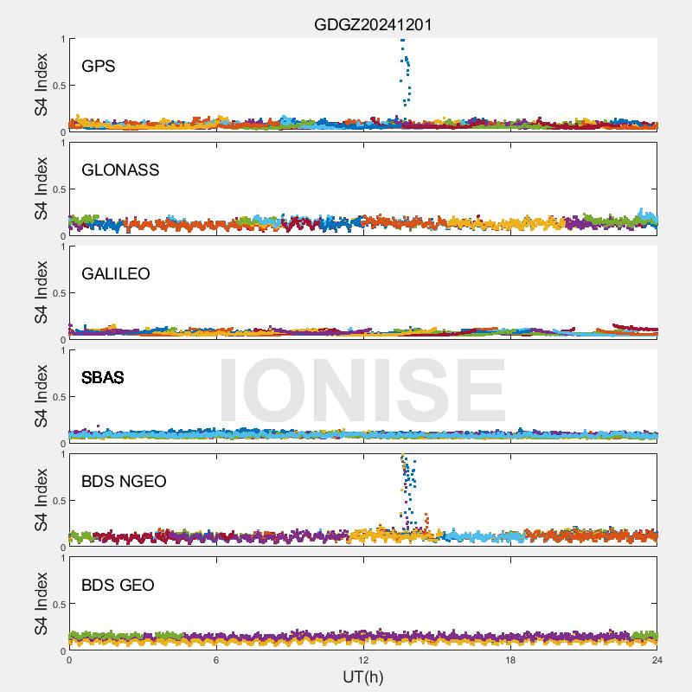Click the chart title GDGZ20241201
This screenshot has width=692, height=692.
click(373, 24)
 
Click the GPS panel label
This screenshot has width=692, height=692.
click(98, 67)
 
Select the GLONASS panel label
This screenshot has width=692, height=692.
click(120, 170)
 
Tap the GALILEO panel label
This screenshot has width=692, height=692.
click(116, 274)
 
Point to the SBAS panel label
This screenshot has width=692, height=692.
click(103, 378)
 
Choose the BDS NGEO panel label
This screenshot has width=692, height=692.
click(124, 482)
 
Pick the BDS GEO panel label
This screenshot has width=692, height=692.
click(118, 586)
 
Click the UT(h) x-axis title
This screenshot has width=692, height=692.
click(362, 676)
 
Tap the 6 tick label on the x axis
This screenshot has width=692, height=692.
click(216, 660)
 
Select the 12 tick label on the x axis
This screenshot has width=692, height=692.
click(363, 660)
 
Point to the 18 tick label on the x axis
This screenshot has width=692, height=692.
click(510, 660)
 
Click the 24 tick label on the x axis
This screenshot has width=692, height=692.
click(657, 660)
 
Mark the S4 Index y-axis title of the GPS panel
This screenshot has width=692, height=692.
click(42, 85)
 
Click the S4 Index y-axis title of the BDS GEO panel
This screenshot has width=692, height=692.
click(42, 604)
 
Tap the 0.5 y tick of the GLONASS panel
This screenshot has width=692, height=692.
click(57, 189)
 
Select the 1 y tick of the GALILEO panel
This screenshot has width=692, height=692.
click(62, 247)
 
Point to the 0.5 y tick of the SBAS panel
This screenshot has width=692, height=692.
click(57, 397)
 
